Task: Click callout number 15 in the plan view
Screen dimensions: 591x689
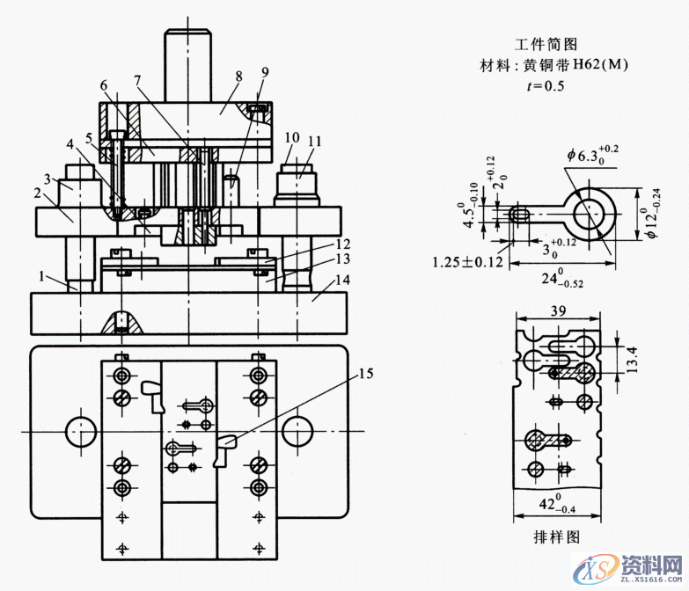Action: click(365, 374)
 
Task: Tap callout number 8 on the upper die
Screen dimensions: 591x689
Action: click(238, 77)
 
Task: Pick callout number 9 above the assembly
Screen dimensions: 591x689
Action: click(265, 72)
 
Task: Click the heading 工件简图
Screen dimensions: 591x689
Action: click(545, 44)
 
